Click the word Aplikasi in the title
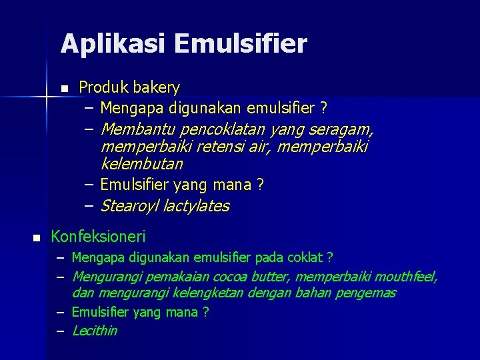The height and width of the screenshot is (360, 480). point(113,45)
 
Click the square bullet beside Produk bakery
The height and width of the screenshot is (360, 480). point(64,89)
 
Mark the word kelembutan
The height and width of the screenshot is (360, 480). point(141,163)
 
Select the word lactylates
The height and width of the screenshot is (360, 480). point(198,206)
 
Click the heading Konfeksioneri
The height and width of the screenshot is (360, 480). point(98,237)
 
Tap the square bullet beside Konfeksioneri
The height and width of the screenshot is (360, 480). point(37,238)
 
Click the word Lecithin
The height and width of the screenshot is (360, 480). point(94,331)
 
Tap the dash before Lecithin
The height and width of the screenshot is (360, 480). point(59,331)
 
